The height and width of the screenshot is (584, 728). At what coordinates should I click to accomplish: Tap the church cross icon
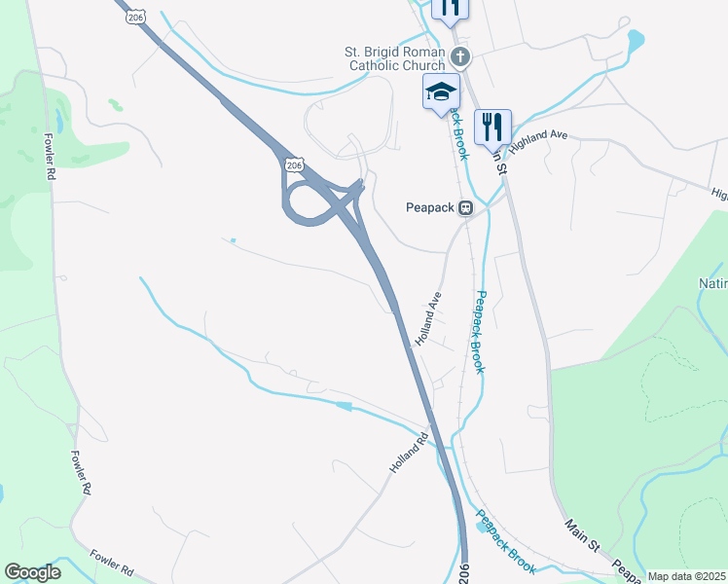tap(461, 57)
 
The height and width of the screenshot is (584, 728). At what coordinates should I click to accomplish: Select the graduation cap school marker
tap(441, 92)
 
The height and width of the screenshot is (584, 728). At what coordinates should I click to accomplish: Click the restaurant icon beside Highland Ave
tap(492, 126)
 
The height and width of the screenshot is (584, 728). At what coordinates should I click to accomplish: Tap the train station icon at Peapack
tap(466, 207)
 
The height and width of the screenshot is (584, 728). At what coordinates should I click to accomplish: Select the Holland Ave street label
tap(428, 319)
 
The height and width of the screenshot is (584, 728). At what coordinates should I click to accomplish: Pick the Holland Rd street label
tap(409, 454)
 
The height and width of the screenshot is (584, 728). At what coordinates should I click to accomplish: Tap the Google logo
tap(32, 572)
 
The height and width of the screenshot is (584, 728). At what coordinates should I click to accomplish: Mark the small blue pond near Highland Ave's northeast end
tap(636, 41)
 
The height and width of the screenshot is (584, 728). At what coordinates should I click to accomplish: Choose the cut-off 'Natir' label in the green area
tap(713, 284)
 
